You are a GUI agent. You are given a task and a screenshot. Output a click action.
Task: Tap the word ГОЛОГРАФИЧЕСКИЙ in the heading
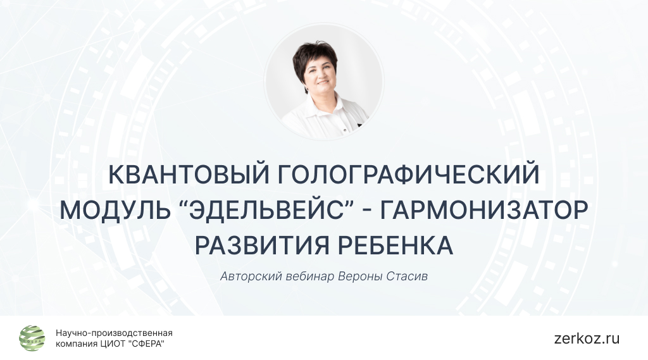408,175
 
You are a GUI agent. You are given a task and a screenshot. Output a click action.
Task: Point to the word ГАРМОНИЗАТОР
484,209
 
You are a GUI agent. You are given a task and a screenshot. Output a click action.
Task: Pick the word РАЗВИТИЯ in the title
262,245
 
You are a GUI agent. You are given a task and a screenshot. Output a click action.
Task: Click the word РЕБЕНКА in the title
396,245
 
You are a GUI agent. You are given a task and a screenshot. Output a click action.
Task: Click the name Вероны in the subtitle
360,276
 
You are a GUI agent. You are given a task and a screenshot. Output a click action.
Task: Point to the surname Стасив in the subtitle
407,276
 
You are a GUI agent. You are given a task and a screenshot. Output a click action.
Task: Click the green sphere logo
32,338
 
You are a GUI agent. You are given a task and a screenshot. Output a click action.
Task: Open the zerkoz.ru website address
587,338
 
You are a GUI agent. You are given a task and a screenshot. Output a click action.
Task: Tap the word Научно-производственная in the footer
114,333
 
